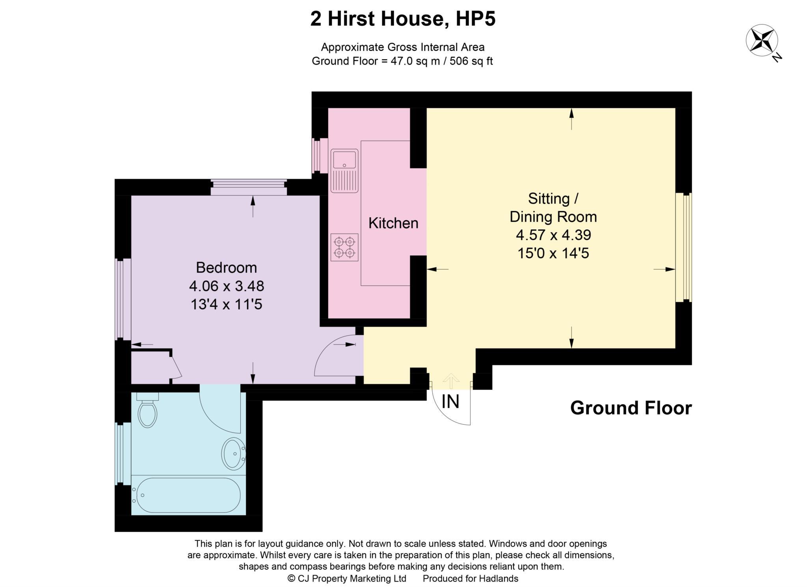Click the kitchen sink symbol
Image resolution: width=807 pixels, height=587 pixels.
click(x=344, y=170)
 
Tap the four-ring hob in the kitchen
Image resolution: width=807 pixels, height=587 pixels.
click(x=344, y=247)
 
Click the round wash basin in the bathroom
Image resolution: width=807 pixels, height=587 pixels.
click(x=234, y=453)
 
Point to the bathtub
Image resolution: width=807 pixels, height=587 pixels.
click(x=186, y=495)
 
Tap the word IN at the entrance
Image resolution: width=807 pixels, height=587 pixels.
click(x=450, y=402)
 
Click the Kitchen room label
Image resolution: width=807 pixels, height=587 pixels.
click(x=393, y=223)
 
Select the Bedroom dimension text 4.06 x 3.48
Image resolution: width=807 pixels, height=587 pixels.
click(x=226, y=286)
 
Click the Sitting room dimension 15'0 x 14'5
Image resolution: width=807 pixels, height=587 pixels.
click(x=553, y=253)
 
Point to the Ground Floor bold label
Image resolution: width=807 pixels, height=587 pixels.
click(x=630, y=408)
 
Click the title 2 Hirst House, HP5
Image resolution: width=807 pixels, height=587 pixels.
click(x=403, y=19)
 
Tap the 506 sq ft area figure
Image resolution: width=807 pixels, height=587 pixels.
click(x=471, y=61)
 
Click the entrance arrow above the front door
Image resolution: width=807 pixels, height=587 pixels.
click(x=451, y=380)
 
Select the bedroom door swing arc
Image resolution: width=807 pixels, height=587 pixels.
click(x=331, y=355)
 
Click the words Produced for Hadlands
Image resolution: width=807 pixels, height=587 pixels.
click(x=470, y=578)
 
